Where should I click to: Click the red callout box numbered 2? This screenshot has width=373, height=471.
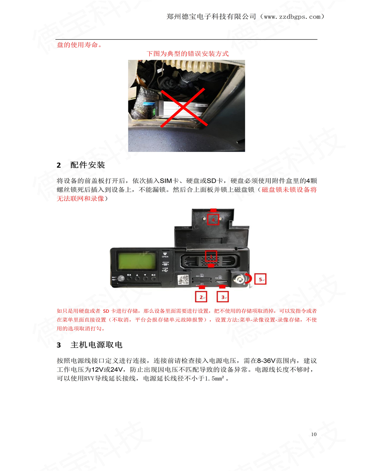point(201,297)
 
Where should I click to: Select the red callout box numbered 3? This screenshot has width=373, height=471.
point(223,297)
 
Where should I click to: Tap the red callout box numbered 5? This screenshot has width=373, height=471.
point(260,279)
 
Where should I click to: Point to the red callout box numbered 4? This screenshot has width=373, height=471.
point(213,219)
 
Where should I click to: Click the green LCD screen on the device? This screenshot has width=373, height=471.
point(137,261)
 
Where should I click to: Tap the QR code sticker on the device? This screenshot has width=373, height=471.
point(183,280)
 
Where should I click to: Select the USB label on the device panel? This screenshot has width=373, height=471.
point(165,268)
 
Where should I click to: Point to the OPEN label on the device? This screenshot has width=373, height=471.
point(165,257)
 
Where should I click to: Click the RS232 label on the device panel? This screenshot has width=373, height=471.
point(165,262)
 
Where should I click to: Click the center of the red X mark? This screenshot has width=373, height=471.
point(183,107)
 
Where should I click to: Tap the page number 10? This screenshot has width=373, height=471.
point(314,434)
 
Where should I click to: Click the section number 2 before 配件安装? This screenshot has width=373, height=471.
point(59,165)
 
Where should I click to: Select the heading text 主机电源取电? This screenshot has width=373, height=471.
point(96,345)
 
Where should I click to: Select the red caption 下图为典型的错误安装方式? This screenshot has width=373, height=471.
point(188,54)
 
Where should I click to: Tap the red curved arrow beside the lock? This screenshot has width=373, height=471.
point(249,278)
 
